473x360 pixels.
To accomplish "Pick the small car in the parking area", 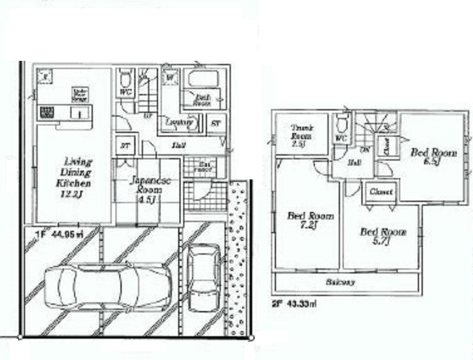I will (x=204, y=277).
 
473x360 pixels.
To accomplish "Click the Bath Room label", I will (x=201, y=101).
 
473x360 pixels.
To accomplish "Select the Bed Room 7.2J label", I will (x=311, y=221).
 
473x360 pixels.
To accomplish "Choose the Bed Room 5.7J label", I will (x=383, y=236).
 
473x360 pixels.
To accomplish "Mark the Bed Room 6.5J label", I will (x=433, y=157).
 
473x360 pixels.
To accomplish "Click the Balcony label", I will (x=340, y=282).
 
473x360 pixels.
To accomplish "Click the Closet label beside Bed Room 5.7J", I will (x=381, y=192).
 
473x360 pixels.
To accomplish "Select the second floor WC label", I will (x=341, y=138).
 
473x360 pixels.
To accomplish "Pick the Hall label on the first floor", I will (x=179, y=146).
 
